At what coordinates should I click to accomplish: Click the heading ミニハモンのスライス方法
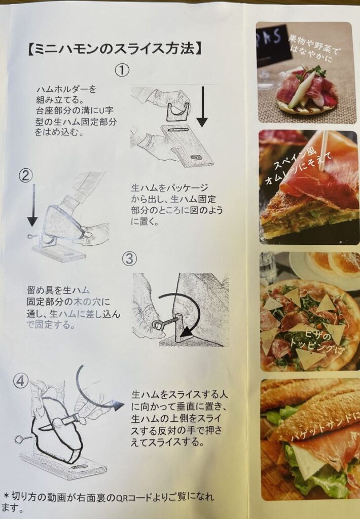114,49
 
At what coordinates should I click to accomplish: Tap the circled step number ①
122,70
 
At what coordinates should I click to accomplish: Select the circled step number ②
26,175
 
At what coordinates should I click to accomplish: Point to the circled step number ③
129,258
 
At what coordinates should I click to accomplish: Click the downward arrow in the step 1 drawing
202,106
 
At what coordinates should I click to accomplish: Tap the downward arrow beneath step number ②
32,205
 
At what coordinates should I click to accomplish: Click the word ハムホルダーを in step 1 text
66,89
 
